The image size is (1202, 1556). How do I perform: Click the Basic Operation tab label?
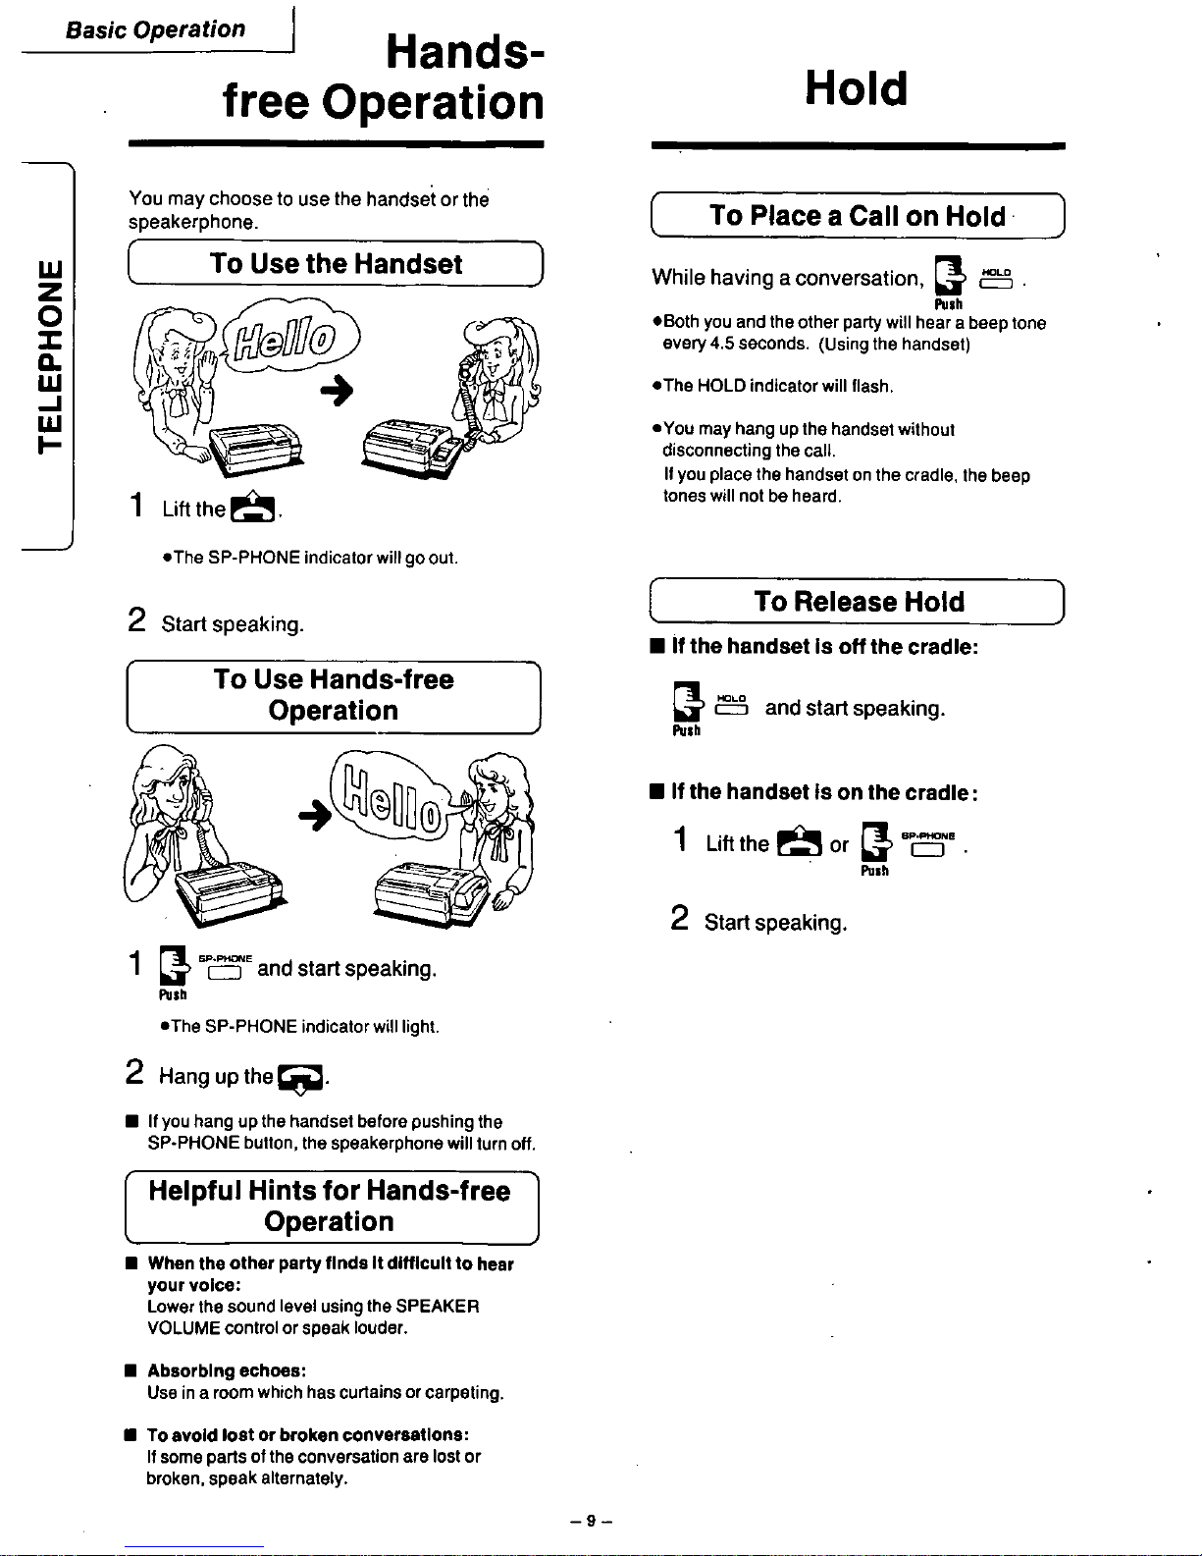tap(155, 29)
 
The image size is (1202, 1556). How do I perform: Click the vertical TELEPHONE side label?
tap(50, 357)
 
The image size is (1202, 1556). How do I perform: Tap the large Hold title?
tap(857, 88)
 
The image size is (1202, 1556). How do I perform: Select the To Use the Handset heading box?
tap(336, 263)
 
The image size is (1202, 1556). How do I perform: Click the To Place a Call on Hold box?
tap(858, 216)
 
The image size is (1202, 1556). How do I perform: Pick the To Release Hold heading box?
tap(858, 602)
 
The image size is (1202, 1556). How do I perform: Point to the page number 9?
tap(591, 1521)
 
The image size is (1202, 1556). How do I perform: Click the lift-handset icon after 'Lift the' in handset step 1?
tap(252, 507)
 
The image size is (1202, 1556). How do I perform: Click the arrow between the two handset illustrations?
tap(337, 391)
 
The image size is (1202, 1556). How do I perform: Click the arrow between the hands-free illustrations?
tap(315, 815)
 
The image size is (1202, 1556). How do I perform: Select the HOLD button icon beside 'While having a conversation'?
tap(997, 279)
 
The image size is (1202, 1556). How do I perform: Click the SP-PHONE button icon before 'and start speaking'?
tap(225, 967)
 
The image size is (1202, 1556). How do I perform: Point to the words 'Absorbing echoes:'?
tap(227, 1370)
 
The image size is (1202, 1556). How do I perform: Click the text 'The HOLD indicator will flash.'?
tap(778, 386)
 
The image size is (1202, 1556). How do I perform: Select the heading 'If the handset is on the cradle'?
tap(824, 792)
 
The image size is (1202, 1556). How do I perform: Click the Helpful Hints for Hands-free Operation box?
tap(332, 1207)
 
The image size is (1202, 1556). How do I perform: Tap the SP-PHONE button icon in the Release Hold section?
tap(928, 843)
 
